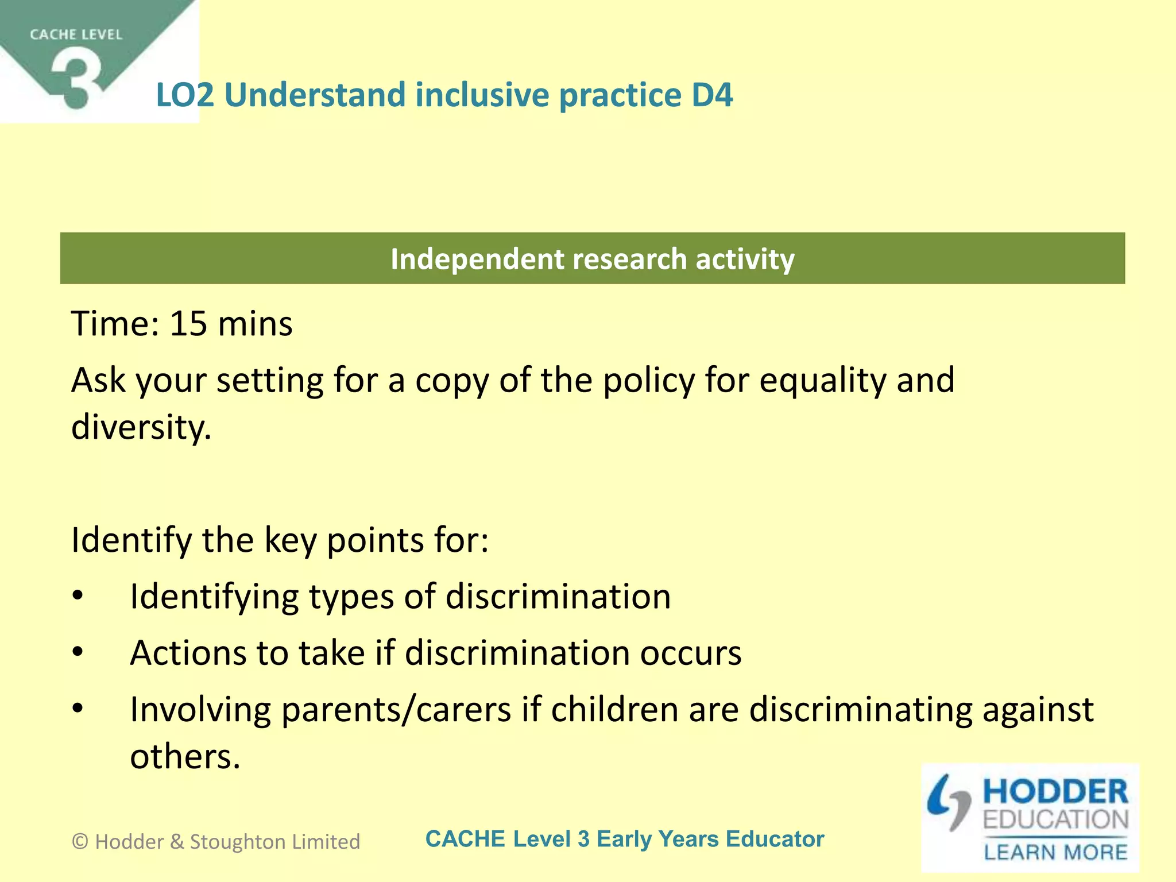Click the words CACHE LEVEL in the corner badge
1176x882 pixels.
(76, 35)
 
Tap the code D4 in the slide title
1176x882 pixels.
(712, 95)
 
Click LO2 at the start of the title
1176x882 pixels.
(184, 95)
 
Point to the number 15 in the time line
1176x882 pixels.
(188, 323)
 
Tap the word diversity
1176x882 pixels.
(141, 428)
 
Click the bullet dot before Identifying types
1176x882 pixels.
(78, 597)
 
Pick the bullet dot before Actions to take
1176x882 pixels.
(78, 653)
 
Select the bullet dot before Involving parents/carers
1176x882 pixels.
(78, 709)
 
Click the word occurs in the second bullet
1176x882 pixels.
(691, 653)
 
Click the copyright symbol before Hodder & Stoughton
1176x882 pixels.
(80, 842)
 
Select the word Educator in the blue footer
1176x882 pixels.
(775, 839)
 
